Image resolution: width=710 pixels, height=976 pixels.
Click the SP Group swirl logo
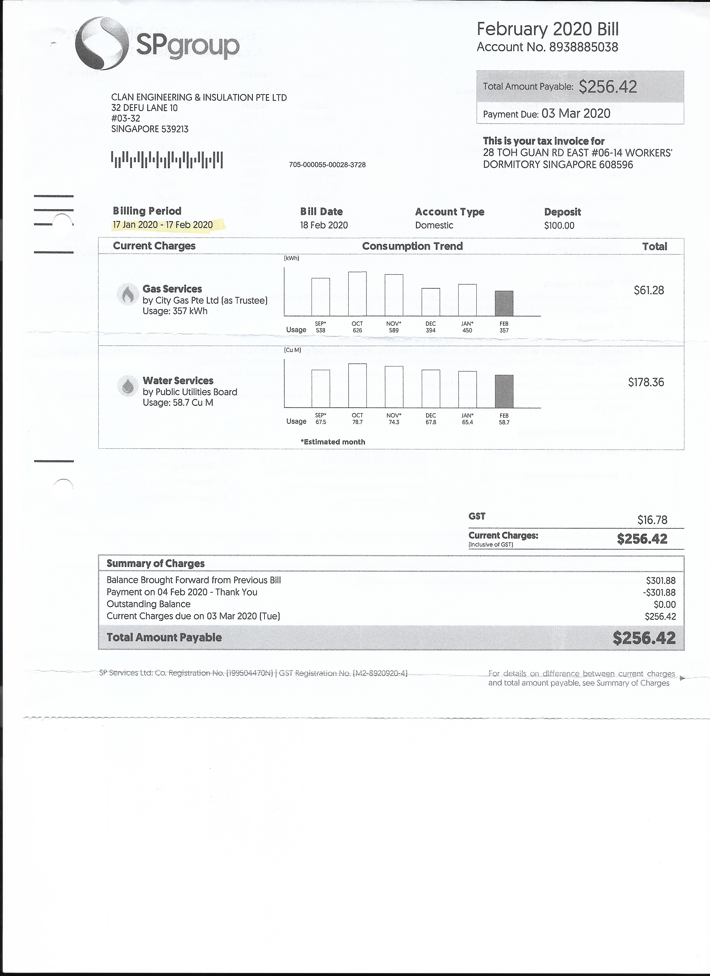coord(102,43)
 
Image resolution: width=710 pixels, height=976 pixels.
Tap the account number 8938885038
coord(584,47)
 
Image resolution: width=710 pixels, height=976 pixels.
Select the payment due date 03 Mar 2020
coord(576,114)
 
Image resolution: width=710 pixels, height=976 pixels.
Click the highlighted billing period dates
coord(163,225)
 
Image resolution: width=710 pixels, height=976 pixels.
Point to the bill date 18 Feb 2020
coord(324,225)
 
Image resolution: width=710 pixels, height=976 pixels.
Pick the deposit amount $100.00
coord(559,225)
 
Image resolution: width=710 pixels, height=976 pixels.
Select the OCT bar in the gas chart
coord(358,294)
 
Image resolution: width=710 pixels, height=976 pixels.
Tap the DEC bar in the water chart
coord(430,389)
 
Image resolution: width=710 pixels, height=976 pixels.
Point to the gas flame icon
coord(128,294)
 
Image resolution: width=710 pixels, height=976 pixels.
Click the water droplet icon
coord(128,386)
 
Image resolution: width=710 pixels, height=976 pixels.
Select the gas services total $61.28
coord(648,291)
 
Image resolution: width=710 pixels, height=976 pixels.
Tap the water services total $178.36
coord(646,382)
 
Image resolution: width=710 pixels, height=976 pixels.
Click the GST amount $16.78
coord(652,520)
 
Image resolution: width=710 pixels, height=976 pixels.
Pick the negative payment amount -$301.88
coord(659,593)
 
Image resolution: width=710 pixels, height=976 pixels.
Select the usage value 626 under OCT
coord(358,331)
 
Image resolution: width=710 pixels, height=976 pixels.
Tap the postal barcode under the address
coord(167,160)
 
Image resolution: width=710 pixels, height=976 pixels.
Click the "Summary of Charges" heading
coord(155,564)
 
